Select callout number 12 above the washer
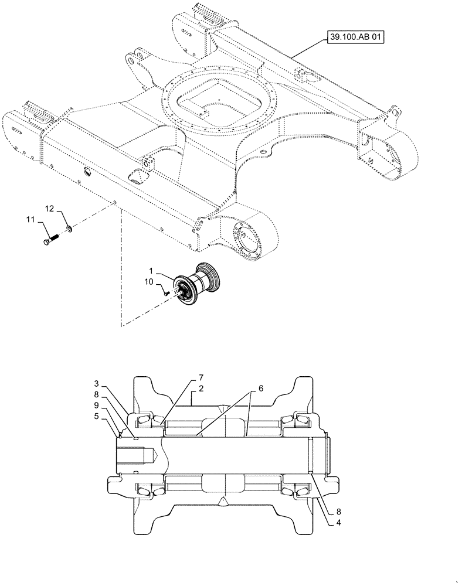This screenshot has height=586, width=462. click(x=50, y=209)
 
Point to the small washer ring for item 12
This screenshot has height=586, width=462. click(x=69, y=227)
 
